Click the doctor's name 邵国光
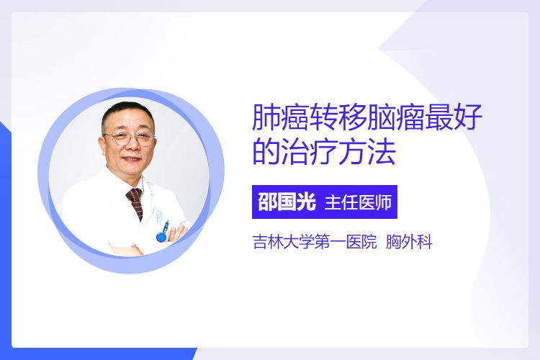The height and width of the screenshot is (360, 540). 287,202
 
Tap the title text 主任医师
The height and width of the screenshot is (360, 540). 358,202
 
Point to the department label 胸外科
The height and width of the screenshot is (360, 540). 409,241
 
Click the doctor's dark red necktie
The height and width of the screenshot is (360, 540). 135,203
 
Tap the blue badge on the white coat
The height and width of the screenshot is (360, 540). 161,235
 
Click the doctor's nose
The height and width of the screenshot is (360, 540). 132,145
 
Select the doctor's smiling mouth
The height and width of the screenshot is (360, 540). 132,159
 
